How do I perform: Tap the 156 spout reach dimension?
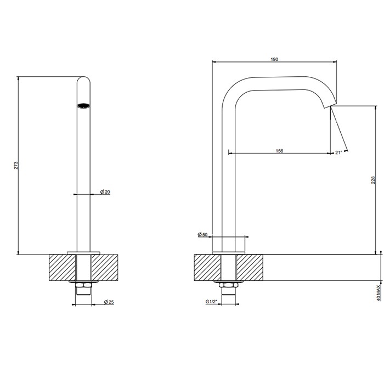click(x=279, y=151)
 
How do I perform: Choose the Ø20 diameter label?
click(x=105, y=191)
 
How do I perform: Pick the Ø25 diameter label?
click(x=109, y=302)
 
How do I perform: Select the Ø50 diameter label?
click(x=202, y=235)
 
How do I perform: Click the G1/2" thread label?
click(x=212, y=302)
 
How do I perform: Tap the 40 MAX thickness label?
click(x=379, y=292)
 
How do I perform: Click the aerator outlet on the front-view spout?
click(x=83, y=105)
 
